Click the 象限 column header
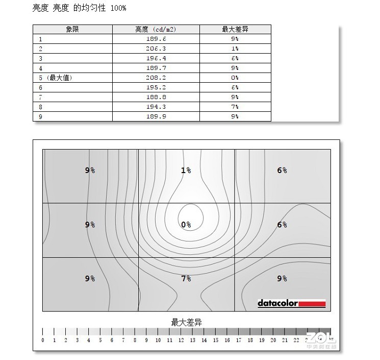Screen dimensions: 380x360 (72, 30)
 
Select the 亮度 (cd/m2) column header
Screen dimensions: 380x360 (156, 30)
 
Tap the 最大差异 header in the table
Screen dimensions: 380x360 (235, 30)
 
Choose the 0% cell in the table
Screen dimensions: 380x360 (235, 78)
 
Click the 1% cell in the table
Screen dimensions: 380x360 (235, 49)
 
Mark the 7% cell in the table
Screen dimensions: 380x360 (235, 107)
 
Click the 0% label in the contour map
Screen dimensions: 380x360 (186, 225)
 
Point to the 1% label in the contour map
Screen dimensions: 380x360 (186, 170)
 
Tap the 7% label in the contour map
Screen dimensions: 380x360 (186, 278)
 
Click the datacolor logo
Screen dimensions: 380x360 (291, 303)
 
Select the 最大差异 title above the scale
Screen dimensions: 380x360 (186, 322)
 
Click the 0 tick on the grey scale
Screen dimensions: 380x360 (43, 340)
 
